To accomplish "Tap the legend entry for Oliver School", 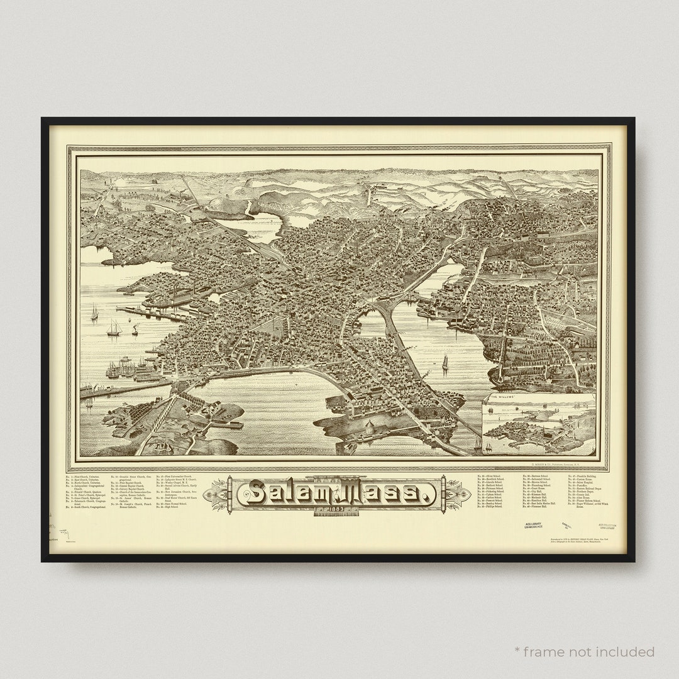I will tap(491, 477).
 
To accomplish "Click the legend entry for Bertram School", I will tap(538, 477).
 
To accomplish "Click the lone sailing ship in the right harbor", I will tap(445, 363).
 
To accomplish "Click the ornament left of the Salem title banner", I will tap(219, 492).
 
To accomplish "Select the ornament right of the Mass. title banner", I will tap(458, 492).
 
